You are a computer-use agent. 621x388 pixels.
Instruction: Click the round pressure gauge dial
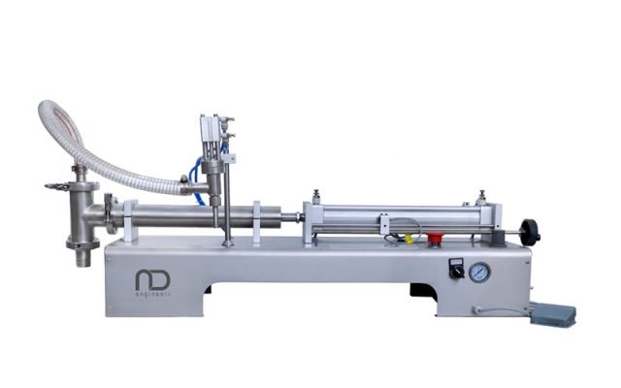[479, 273]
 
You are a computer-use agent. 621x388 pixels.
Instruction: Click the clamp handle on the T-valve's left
[53, 184]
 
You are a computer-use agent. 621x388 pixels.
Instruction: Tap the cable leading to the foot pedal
[500, 309]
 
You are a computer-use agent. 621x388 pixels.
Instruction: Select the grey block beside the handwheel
[497, 230]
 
